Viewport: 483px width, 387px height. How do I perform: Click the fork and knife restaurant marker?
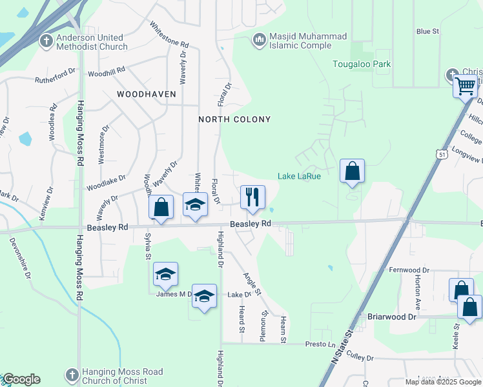[x=252, y=197]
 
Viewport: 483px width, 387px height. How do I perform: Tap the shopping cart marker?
[x=465, y=85]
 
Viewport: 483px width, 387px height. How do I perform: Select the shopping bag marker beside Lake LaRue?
[x=352, y=172]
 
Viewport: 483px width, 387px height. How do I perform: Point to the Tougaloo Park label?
[x=362, y=64]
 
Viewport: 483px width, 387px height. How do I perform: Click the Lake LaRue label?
[x=299, y=176]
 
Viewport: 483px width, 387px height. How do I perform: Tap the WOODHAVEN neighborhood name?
[x=147, y=94]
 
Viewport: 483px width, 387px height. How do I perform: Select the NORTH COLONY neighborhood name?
[x=234, y=119]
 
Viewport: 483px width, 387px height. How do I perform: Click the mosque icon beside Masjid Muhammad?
[x=259, y=40]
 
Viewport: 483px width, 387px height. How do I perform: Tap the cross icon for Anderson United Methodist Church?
[x=46, y=41]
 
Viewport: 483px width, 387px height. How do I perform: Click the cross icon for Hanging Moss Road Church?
[x=72, y=375]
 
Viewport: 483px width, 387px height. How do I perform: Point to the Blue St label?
[x=427, y=31]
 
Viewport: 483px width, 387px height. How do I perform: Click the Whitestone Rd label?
[x=169, y=35]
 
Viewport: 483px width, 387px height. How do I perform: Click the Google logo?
[x=21, y=379]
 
